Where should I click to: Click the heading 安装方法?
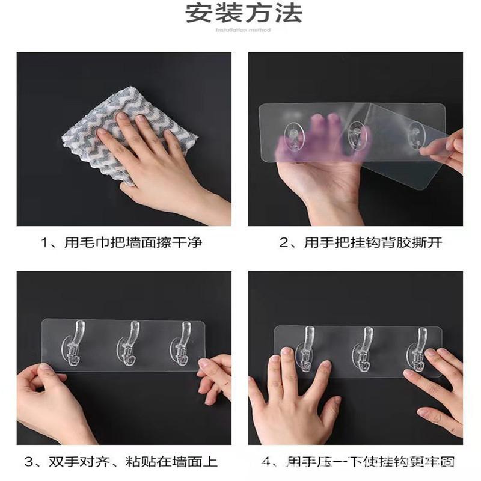point(244,13)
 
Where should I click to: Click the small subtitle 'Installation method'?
point(244,29)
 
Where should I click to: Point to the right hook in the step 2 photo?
point(415,136)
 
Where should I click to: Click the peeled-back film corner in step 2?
point(421,126)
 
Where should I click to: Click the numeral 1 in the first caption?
point(44,243)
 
